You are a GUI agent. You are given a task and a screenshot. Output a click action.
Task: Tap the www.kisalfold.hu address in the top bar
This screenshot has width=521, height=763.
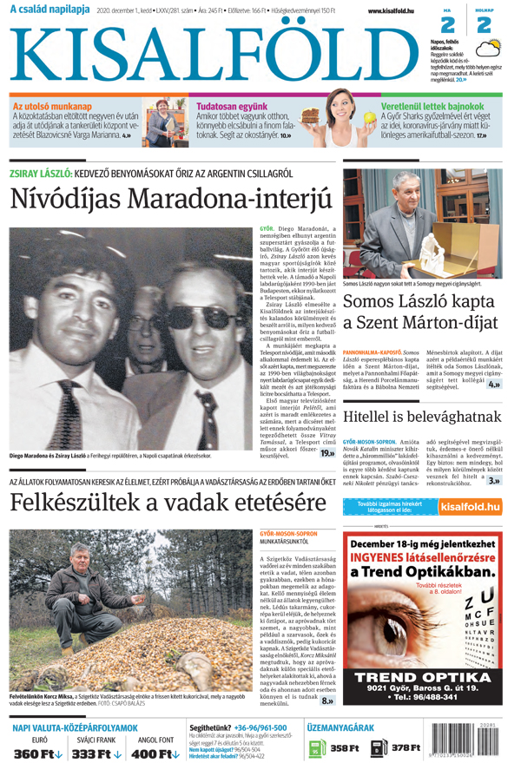[385, 10]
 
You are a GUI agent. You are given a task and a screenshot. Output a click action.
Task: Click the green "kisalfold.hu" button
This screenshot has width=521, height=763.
[470, 506]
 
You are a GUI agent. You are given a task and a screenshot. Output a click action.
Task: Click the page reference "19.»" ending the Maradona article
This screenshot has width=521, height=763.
[327, 452]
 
